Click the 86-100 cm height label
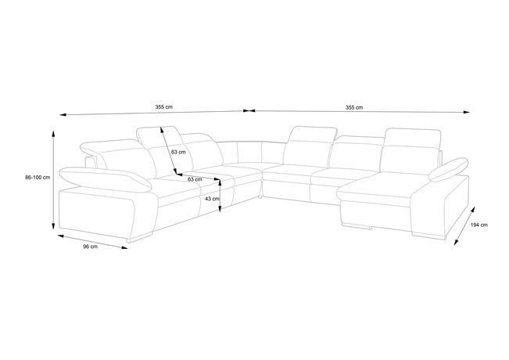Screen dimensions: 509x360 click(x=38, y=178)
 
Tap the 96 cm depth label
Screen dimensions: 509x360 click(x=90, y=247)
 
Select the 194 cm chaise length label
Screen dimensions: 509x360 click(x=479, y=225)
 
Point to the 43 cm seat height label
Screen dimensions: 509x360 click(x=213, y=199)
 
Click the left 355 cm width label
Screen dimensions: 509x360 click(x=164, y=107)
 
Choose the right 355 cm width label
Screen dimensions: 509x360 click(x=354, y=107)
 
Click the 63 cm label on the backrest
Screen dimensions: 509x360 click(x=178, y=152)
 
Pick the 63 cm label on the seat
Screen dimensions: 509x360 click(x=195, y=179)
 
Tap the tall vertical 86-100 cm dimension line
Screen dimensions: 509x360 click(x=54, y=180)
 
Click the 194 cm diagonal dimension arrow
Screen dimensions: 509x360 click(x=464, y=225)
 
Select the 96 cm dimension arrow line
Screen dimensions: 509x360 click(x=92, y=242)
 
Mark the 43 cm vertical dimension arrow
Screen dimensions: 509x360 click(x=220, y=196)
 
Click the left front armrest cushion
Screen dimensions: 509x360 click(x=106, y=178)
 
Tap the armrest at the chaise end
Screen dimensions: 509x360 click(x=449, y=169)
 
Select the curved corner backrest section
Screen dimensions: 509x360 click(x=250, y=152)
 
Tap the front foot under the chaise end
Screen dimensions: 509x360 click(x=429, y=235)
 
